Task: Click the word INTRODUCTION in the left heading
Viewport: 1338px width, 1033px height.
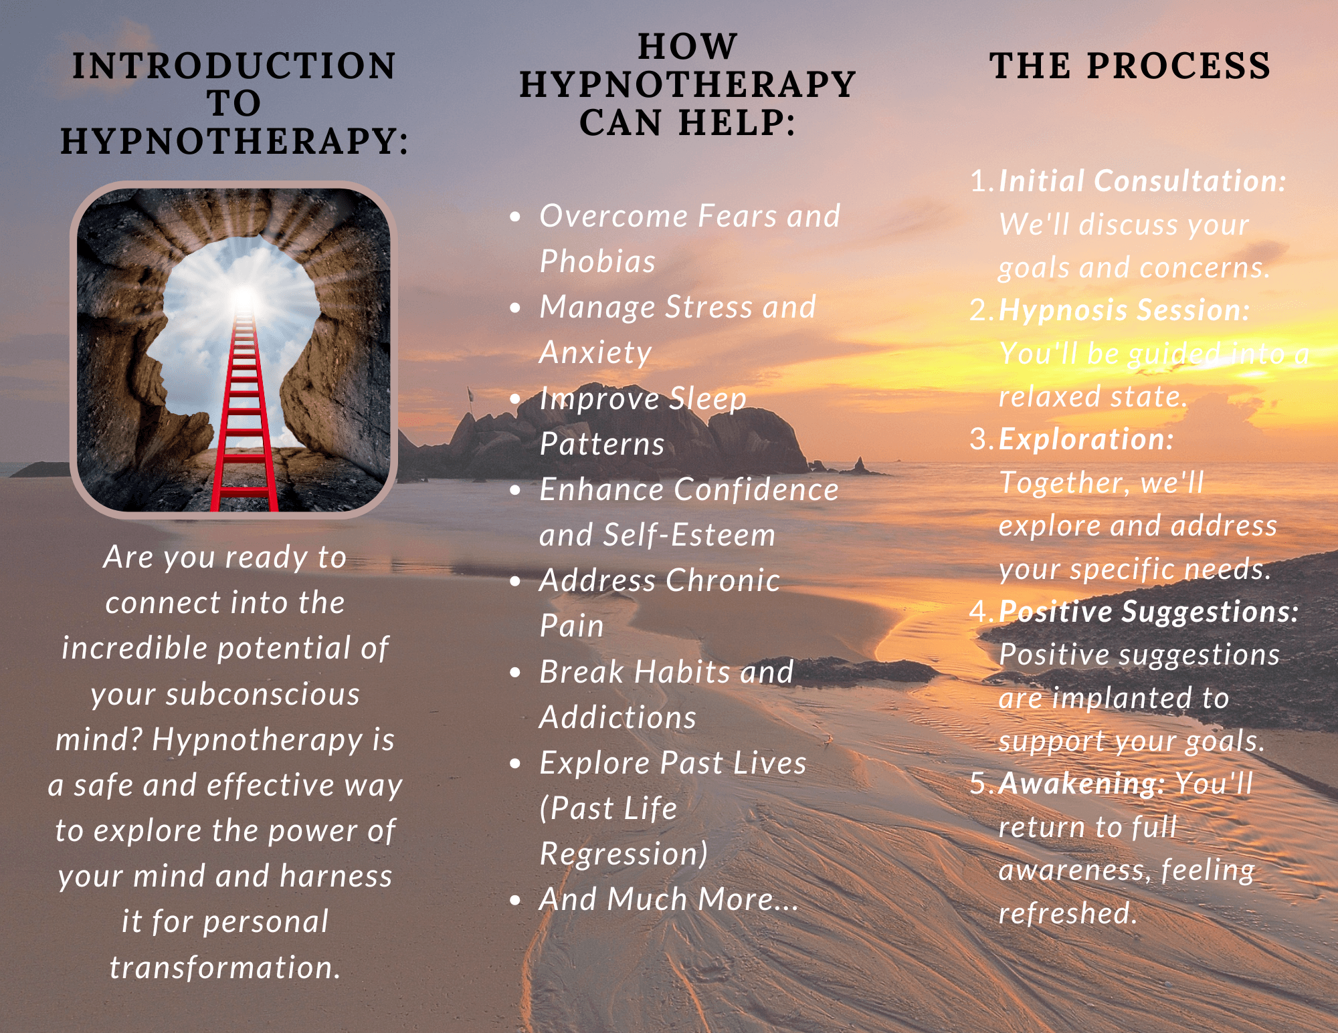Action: tap(234, 66)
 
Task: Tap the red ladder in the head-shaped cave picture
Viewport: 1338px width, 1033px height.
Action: tap(244, 415)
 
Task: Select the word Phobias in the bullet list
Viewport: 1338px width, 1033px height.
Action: tap(597, 261)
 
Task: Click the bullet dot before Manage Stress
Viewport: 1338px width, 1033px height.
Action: tap(515, 308)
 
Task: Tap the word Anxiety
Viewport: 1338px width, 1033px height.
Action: tap(595, 353)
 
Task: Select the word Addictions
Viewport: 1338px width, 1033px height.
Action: tap(618, 717)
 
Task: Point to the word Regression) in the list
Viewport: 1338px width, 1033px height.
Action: tap(624, 854)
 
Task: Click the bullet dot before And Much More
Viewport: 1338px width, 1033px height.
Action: tap(515, 900)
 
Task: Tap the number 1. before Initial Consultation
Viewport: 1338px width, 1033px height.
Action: tap(982, 181)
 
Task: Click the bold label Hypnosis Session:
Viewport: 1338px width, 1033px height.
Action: tap(1124, 310)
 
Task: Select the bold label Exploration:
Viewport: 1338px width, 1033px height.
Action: tap(1086, 439)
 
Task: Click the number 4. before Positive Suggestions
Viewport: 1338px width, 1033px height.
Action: tap(982, 611)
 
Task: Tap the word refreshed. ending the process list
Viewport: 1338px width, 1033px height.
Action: tap(1068, 913)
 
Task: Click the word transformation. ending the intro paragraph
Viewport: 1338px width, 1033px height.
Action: tap(225, 967)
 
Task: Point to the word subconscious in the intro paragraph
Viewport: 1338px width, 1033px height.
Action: tap(225, 694)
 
